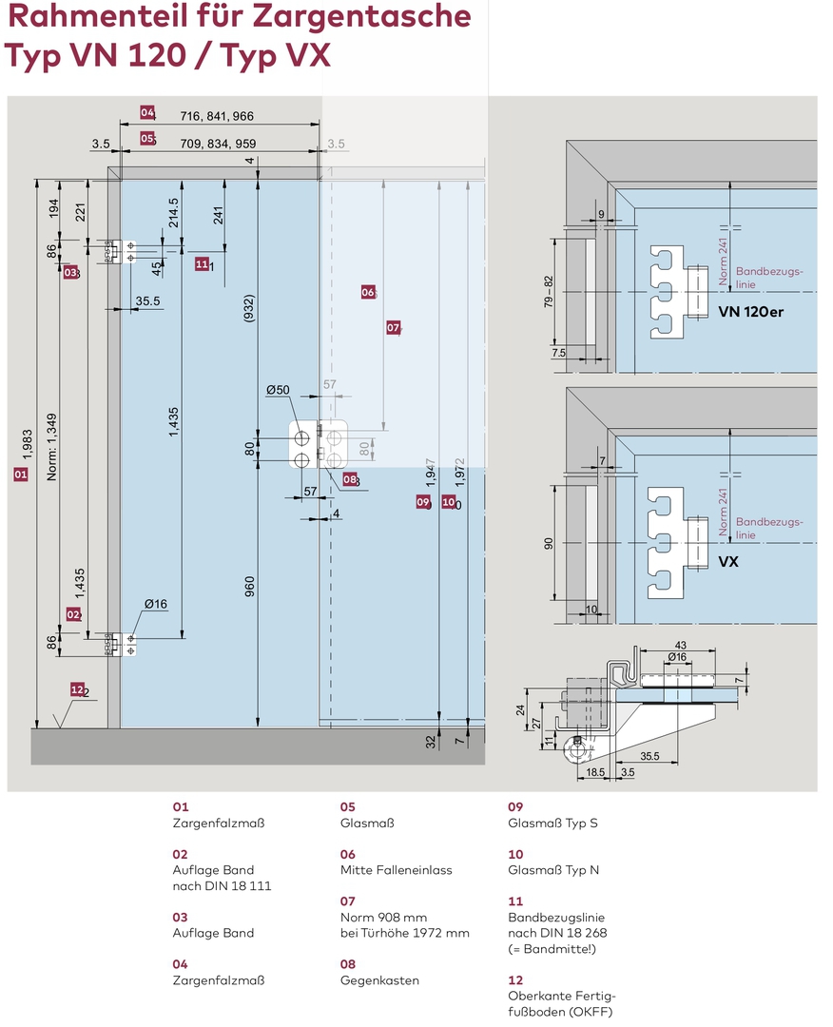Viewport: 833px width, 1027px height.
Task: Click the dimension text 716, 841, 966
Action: coord(217,116)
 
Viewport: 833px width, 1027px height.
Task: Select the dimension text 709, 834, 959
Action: coord(217,145)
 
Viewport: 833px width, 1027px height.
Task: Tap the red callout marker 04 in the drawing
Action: coord(146,112)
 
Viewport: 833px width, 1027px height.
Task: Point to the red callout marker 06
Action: coord(368,293)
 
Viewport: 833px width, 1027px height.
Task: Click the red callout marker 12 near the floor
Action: coord(77,689)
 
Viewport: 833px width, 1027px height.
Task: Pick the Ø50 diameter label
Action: coord(278,390)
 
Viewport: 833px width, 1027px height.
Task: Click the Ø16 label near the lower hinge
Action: coord(156,604)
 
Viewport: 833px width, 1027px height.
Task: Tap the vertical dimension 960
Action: coord(250,588)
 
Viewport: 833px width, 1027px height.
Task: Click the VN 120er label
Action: coord(751,312)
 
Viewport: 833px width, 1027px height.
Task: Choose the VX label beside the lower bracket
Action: coord(728,562)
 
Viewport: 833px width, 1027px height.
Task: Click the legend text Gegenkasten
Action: coord(379,980)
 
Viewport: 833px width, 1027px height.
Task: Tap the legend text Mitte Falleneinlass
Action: coord(396,870)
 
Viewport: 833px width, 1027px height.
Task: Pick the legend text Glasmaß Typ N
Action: coord(553,870)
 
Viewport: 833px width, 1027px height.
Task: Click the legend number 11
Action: coord(515,901)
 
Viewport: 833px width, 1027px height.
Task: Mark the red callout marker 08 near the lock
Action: coord(351,480)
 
